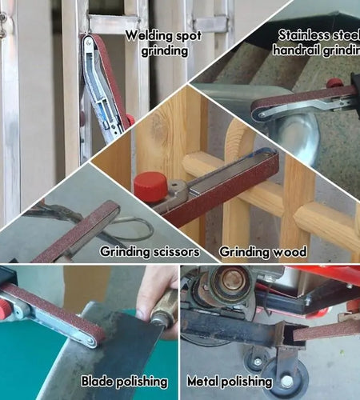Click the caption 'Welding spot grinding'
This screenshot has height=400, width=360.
(158, 43)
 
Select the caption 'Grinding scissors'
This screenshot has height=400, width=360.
(148, 251)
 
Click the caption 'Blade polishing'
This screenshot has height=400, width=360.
(124, 382)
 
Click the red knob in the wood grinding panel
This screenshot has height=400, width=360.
(150, 186)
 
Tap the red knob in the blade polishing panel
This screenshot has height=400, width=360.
(6, 306)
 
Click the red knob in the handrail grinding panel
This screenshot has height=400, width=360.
(334, 82)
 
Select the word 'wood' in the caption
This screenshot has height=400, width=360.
(291, 251)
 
